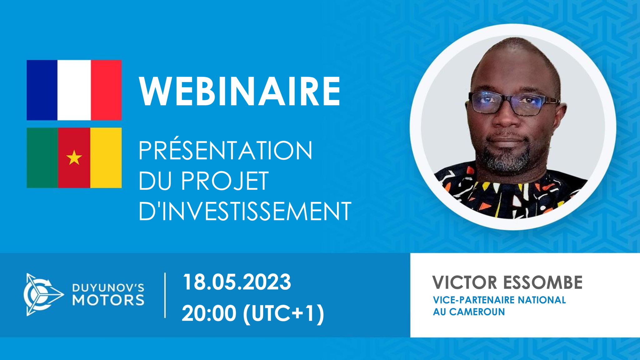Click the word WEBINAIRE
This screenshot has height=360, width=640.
pyautogui.click(x=240, y=92)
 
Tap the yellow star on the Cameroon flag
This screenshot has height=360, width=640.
pyautogui.click(x=74, y=157)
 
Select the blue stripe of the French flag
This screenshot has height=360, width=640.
pyautogui.click(x=42, y=90)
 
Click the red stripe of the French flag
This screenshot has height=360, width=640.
pyautogui.click(x=106, y=90)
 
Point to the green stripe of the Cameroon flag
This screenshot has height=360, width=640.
pyautogui.click(x=42, y=157)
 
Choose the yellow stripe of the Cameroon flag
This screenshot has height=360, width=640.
pyautogui.click(x=106, y=157)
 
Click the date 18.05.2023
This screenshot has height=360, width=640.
pyautogui.click(x=237, y=282)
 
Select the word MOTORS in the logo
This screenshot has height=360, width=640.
pyautogui.click(x=108, y=300)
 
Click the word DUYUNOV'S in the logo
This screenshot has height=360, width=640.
pyautogui.click(x=108, y=287)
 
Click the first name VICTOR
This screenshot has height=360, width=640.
pyautogui.click(x=465, y=282)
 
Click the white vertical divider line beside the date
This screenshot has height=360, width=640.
pyautogui.click(x=165, y=295)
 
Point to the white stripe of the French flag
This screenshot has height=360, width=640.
pyautogui.click(x=74, y=90)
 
